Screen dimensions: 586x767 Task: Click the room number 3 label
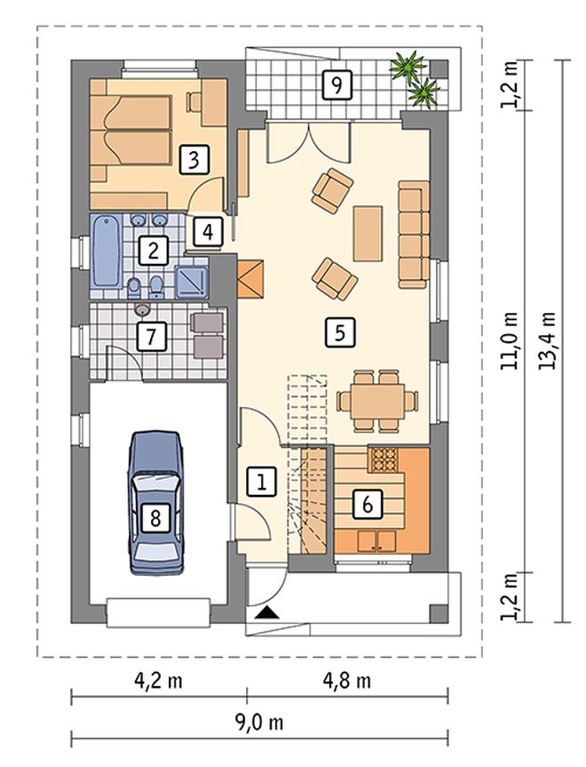click(194, 159)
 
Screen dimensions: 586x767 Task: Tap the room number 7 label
click(151, 336)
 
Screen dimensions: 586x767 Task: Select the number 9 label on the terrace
click(337, 85)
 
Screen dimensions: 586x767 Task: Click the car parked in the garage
click(155, 502)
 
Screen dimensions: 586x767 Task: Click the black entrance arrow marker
click(268, 612)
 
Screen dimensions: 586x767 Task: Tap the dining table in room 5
click(377, 401)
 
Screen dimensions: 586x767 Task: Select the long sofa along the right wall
click(414, 235)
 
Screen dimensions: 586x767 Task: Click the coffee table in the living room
click(368, 234)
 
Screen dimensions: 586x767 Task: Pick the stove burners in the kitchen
click(385, 459)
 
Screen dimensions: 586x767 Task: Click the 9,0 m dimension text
click(259, 722)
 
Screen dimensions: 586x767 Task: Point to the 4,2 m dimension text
click(158, 681)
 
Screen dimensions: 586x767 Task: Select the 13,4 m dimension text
click(548, 340)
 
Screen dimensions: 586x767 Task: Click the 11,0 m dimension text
click(511, 340)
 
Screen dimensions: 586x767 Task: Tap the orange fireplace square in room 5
click(250, 279)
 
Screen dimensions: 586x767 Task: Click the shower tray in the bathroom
click(192, 283)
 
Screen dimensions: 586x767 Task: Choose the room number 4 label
click(208, 232)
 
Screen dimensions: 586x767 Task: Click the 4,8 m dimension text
click(347, 681)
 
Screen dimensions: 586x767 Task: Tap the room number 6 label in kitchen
click(368, 503)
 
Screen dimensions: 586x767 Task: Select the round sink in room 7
click(142, 309)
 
